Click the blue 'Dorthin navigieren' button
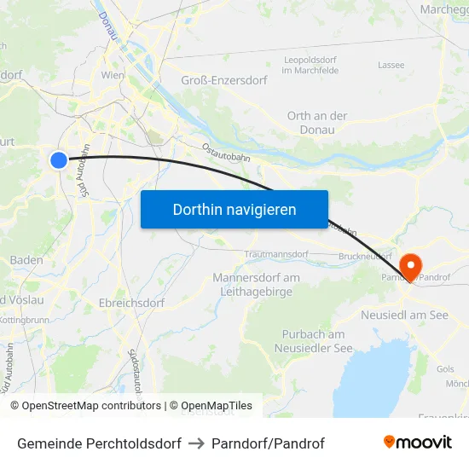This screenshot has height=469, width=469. coord(234,209)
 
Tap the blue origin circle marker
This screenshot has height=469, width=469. coord(59,159)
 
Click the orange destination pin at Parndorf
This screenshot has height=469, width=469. coord(410,266)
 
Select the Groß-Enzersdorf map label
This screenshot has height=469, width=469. coord(224,80)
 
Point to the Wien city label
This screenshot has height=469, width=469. coord(113,75)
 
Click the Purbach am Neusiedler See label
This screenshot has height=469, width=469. coord(314,341)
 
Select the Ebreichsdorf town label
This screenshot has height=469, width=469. coord(131,302)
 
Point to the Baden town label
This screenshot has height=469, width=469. coord(26,260)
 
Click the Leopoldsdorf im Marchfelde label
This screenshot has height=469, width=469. coord(310,64)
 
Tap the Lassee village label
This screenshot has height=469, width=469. coord(391,65)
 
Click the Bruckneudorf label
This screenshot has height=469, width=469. coord(365,256)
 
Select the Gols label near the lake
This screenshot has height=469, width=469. coord(445,368)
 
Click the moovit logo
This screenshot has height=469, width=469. coord(418,443)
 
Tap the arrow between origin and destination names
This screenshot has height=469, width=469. coord(196,443)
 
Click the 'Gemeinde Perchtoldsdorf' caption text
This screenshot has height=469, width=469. coord(99,443)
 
